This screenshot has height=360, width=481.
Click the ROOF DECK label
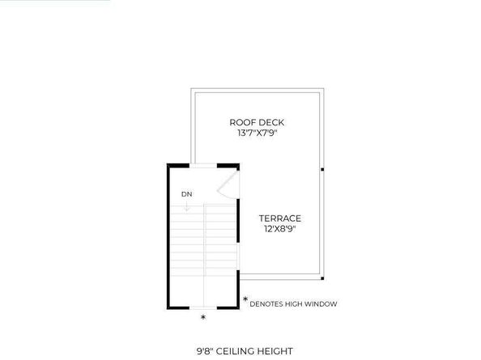pos(257,123)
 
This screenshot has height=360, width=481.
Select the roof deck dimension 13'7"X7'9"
pos(257,133)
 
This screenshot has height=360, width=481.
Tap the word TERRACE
pos(280,218)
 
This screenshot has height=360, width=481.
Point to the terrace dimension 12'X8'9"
pos(280,229)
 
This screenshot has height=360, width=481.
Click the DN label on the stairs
pos(186,194)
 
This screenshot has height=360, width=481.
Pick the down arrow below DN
pos(186,206)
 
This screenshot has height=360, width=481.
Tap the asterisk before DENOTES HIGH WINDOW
pos(245,301)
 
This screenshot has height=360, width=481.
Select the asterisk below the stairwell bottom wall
pos(202,317)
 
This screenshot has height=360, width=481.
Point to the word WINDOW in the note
pos(320,304)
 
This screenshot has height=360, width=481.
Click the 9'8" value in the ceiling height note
pos(207,351)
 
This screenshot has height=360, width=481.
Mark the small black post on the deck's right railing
pos(321,169)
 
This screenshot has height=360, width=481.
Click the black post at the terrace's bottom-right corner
pos(321,278)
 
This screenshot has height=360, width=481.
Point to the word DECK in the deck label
pos(271,123)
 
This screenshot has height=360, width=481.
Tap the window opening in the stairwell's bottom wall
pos(202,307)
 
